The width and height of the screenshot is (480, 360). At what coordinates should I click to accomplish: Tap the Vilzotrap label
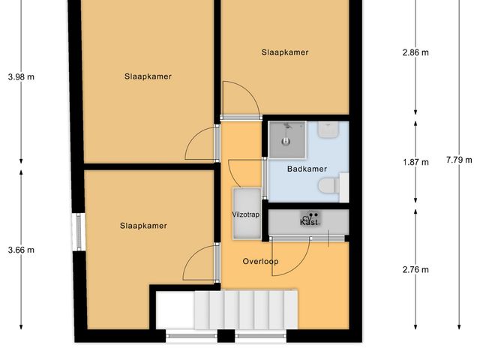pos(245,214)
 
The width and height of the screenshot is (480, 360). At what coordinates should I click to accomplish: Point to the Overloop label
pos(260,262)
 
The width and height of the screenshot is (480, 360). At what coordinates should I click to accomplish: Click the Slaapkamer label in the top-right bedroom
pos(285,52)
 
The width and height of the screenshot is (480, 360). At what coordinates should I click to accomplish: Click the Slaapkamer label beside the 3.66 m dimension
pos(142,226)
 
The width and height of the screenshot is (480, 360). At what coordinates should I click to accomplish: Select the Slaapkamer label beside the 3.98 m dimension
pos(148,76)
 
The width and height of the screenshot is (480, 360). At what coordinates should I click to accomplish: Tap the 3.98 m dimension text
pos(21,76)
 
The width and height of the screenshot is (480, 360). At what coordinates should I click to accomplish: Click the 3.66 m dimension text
pos(21,250)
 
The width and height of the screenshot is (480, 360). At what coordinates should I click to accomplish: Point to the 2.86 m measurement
pos(415,52)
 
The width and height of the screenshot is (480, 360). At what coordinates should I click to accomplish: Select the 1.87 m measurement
pos(415,162)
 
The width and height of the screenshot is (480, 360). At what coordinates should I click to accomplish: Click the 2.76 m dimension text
pos(415,269)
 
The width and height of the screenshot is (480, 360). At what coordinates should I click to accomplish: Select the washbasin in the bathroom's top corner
pos(328,130)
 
